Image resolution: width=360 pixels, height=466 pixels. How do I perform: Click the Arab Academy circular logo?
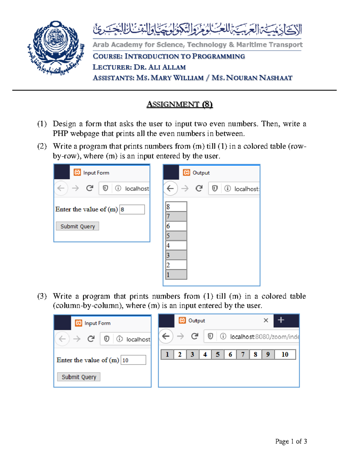click(55, 48)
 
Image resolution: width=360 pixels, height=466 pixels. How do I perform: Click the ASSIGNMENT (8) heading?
click(179, 104)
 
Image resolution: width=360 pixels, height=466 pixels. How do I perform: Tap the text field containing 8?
click(132, 209)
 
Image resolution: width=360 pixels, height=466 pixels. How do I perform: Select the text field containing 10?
click(133, 360)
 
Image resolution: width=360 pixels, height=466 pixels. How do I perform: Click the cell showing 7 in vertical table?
click(176, 216)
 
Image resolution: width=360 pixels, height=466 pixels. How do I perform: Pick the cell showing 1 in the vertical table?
click(176, 275)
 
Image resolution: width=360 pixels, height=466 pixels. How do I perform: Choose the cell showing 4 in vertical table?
click(176, 245)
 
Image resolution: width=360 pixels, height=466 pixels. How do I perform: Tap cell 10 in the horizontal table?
click(285, 354)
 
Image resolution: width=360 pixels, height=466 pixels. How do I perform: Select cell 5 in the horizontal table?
click(217, 354)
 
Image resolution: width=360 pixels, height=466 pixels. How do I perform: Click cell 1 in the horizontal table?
click(167, 354)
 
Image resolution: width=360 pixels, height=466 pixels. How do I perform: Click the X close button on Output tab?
click(266, 320)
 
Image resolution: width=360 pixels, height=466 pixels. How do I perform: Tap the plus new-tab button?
click(281, 320)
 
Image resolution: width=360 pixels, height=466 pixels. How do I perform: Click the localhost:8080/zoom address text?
click(264, 337)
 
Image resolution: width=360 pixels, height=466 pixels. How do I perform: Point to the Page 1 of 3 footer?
click(291, 441)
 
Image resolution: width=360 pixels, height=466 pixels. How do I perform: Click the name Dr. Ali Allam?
click(160, 67)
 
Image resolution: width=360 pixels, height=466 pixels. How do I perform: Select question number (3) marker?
click(42, 296)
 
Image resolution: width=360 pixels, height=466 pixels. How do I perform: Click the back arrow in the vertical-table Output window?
click(170, 188)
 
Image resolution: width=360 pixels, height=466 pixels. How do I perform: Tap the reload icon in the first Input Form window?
click(89, 188)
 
